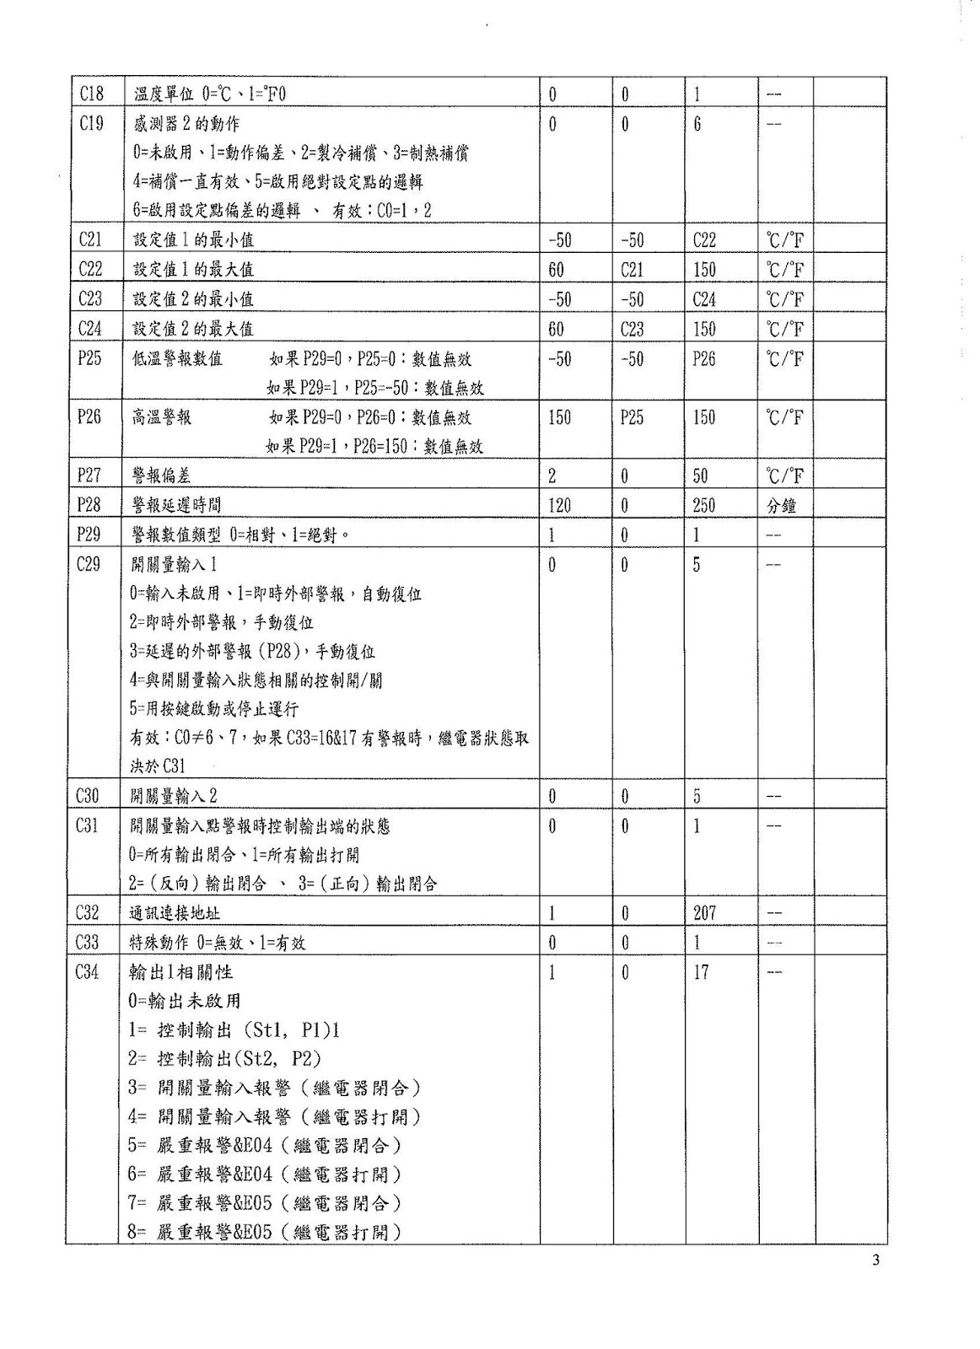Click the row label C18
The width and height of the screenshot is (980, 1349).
91,94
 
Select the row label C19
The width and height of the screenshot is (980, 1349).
91,124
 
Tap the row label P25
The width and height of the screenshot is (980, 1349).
89,358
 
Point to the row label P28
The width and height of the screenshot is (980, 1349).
89,505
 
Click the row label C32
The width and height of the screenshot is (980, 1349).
88,912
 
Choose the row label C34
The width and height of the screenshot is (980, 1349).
88,972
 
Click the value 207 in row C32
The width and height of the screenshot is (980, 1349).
704,912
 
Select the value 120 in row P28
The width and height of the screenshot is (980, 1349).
559,505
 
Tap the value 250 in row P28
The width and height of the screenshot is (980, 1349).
703,505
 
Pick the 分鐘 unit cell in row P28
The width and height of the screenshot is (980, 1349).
782,505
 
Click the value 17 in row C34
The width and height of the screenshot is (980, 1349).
701,972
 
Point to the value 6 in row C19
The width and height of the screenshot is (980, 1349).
697,124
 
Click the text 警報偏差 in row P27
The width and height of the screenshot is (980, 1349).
161,476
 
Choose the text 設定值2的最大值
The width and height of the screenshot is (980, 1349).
192,329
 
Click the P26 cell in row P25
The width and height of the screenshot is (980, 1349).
704,358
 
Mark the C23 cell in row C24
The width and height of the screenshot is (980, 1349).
632,329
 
